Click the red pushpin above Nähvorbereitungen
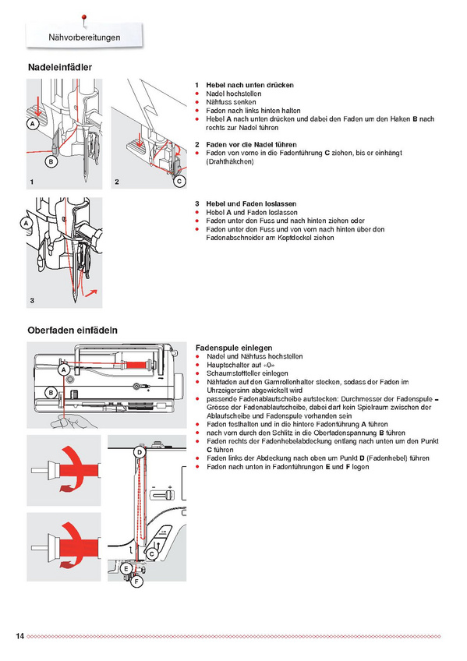[x=84, y=19]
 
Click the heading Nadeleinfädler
[x=60, y=67]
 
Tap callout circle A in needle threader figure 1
[x=33, y=123]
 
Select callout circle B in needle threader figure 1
[x=51, y=161]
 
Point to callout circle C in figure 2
[x=179, y=182]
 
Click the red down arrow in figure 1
[x=38, y=106]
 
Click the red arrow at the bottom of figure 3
[x=90, y=292]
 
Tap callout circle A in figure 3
[x=27, y=223]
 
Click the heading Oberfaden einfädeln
[x=73, y=330]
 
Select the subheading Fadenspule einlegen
[x=234, y=348]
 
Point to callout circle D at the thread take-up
[x=140, y=453]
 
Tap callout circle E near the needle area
[x=126, y=569]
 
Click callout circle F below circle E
[x=136, y=582]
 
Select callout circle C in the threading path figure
[x=152, y=554]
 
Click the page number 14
[x=19, y=636]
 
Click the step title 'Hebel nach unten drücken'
[x=250, y=85]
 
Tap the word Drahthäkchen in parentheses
[x=230, y=161]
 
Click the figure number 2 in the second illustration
[x=117, y=182]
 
